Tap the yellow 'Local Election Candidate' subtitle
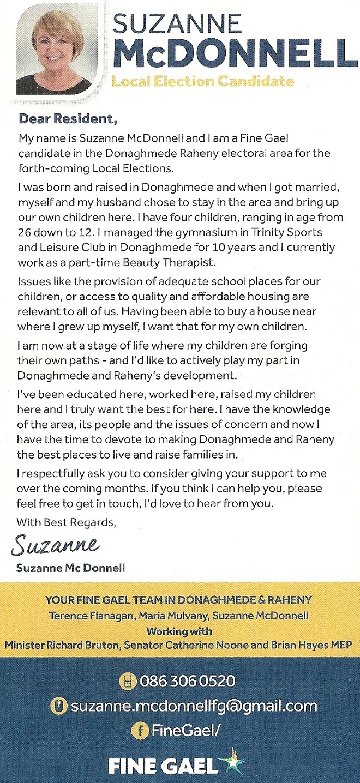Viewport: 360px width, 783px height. (x=202, y=82)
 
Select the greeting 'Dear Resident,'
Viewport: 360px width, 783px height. (x=68, y=117)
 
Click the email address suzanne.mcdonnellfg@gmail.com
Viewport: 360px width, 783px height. (x=194, y=706)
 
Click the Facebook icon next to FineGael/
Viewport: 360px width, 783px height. (x=141, y=731)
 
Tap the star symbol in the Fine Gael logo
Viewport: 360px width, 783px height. (x=232, y=762)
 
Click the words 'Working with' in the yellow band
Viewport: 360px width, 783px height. (x=179, y=631)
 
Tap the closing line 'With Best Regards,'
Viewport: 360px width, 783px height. (x=67, y=522)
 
